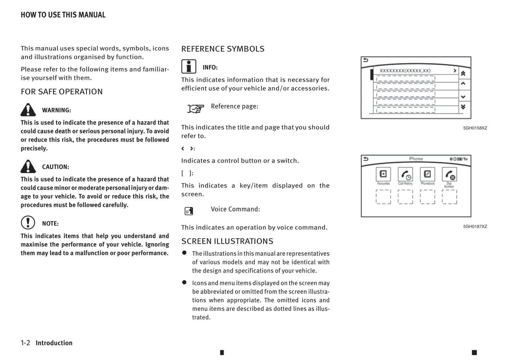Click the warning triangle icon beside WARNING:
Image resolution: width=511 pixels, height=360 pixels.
coord(28,110)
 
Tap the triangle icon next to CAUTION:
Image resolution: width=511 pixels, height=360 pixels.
coord(28,166)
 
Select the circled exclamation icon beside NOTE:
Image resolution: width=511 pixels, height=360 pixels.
coord(28,223)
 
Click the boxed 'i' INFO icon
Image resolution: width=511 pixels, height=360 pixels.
coord(189,66)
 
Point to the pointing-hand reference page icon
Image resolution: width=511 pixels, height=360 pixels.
coord(196,108)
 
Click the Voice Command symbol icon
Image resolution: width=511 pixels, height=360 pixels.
coord(189,211)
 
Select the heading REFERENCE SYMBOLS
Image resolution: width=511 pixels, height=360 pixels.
coord(223,49)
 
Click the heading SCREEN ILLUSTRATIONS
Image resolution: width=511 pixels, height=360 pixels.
coord(227,241)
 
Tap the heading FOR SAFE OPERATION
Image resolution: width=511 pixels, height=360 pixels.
coord(62,92)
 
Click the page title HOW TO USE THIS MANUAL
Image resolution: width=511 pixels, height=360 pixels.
coord(63,15)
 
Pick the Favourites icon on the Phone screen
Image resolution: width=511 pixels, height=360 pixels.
coord(383,174)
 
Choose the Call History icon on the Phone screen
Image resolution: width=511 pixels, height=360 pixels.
coord(405,174)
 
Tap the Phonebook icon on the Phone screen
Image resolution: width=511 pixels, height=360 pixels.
coord(427,174)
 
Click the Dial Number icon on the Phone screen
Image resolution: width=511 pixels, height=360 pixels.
coord(449,175)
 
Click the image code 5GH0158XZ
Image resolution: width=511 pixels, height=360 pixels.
coord(475,128)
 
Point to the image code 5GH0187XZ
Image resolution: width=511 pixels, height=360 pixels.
coord(475,227)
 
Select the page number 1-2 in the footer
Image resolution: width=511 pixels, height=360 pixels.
coord(25,343)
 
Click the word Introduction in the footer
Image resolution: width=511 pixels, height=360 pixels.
coord(54,343)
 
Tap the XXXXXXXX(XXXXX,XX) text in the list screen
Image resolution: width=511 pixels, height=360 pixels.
coord(405,71)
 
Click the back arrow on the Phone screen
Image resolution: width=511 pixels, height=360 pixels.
coord(366,159)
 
